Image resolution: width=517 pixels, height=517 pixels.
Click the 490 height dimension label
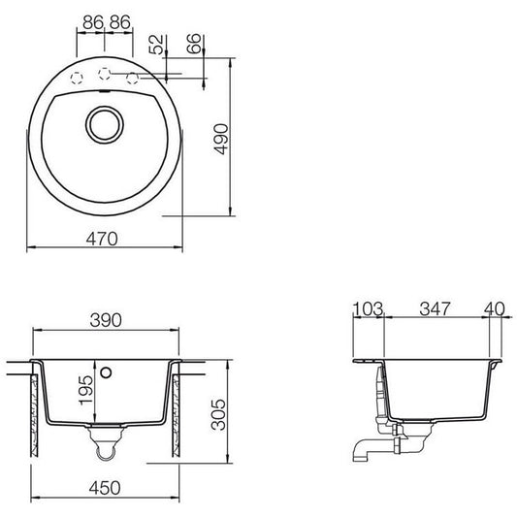coord(220,139)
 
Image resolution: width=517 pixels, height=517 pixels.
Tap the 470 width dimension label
coord(102,239)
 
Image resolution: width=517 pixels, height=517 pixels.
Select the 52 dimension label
coord(156,45)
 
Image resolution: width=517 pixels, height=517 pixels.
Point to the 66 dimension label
coord(194,44)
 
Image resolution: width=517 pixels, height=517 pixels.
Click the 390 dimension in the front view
coord(106,320)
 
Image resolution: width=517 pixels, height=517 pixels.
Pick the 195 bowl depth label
coord(85,389)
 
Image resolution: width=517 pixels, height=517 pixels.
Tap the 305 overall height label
coord(218,414)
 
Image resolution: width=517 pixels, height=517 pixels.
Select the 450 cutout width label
coord(105,488)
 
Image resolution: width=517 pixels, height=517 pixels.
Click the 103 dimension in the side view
coord(368,309)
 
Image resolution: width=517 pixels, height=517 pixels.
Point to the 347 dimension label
coord(435,309)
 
